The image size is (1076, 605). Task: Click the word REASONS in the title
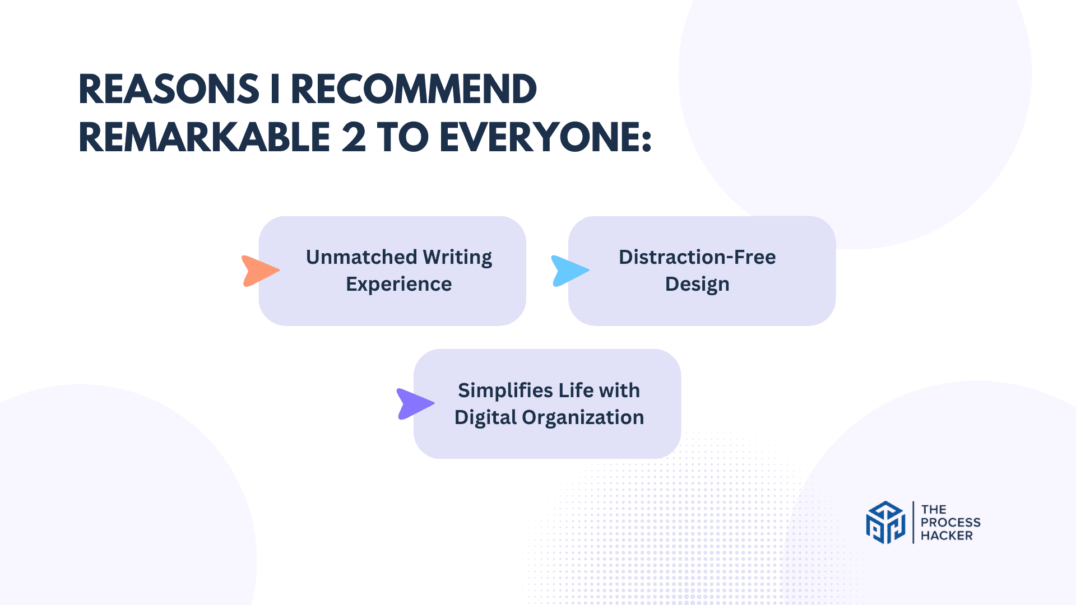(169, 90)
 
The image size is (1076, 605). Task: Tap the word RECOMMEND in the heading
(414, 90)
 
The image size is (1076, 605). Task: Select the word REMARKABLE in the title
(205, 138)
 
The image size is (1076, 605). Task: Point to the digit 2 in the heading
(353, 138)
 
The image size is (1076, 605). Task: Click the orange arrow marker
(259, 271)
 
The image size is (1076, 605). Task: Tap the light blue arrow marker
(569, 271)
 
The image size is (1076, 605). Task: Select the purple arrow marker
(414, 403)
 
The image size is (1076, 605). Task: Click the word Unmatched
(361, 257)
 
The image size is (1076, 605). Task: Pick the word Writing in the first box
(457, 257)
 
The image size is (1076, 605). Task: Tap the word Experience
(398, 284)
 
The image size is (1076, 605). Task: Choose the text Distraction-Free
(697, 257)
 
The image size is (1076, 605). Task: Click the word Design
(697, 285)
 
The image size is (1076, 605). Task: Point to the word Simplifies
(506, 390)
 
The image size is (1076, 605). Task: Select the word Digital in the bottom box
(485, 417)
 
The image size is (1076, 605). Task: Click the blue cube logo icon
(885, 522)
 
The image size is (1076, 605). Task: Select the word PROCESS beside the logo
(950, 522)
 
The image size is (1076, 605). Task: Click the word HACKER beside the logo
(947, 536)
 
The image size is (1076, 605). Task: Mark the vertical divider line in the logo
(913, 522)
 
